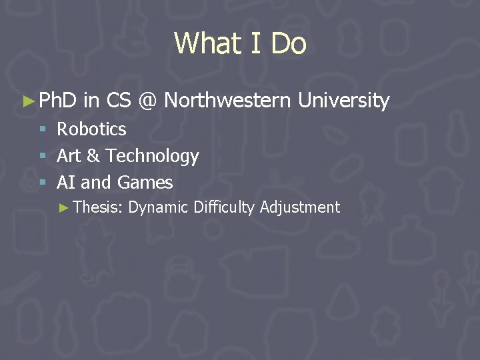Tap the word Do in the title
pos(289,43)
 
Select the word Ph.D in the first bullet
pos(59,101)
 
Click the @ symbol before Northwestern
pos(147,101)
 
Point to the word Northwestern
pos(227,101)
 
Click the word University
pos(343,101)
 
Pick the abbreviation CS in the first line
pos(118,101)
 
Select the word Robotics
pos(91,129)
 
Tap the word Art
pos(69,156)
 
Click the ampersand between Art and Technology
pos(93,156)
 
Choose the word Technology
pos(152,156)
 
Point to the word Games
pos(145,183)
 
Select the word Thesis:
pos(97,207)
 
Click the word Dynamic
pos(158,207)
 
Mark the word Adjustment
pos(300,207)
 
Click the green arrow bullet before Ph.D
pos(27,101)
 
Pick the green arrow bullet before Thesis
pos(64,208)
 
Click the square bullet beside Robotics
pos(43,129)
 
